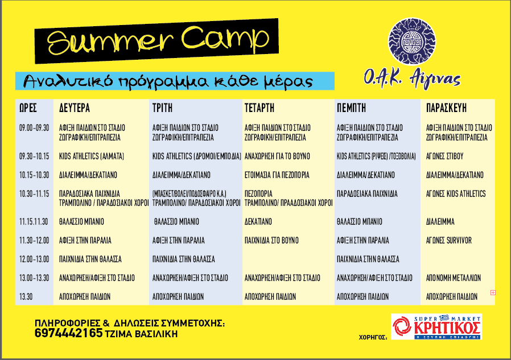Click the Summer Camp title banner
pyautogui.click(x=156, y=41)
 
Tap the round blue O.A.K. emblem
pyautogui.click(x=412, y=42)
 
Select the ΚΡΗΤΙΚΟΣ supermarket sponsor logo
pyautogui.click(x=436, y=326)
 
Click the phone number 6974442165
pyautogui.click(x=68, y=333)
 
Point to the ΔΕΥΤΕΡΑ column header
pyautogui.click(x=75, y=108)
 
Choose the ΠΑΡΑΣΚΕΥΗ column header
pyautogui.click(x=446, y=108)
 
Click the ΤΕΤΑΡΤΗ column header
pyautogui.click(x=259, y=108)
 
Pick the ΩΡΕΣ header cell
pyautogui.click(x=28, y=108)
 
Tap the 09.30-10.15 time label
pyautogui.click(x=34, y=156)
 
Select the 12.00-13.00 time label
pyautogui.click(x=34, y=259)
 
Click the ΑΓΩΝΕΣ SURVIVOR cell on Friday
pyautogui.click(x=449, y=241)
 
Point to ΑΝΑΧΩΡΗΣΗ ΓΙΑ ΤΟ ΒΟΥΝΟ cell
pyautogui.click(x=277, y=156)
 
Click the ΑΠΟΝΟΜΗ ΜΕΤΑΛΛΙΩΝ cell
pyautogui.click(x=454, y=278)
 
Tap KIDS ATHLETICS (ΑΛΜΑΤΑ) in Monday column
pyautogui.click(x=92, y=156)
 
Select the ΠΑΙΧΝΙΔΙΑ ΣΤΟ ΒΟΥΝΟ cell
pyautogui.click(x=271, y=241)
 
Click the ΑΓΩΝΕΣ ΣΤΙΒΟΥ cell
pyautogui.click(x=444, y=156)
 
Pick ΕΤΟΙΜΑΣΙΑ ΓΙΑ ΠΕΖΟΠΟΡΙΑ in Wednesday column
pyautogui.click(x=277, y=175)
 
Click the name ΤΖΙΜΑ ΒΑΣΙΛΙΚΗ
pyautogui.click(x=142, y=334)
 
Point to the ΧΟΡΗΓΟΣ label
pyautogui.click(x=373, y=337)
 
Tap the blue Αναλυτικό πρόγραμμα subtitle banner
pyautogui.click(x=175, y=81)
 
